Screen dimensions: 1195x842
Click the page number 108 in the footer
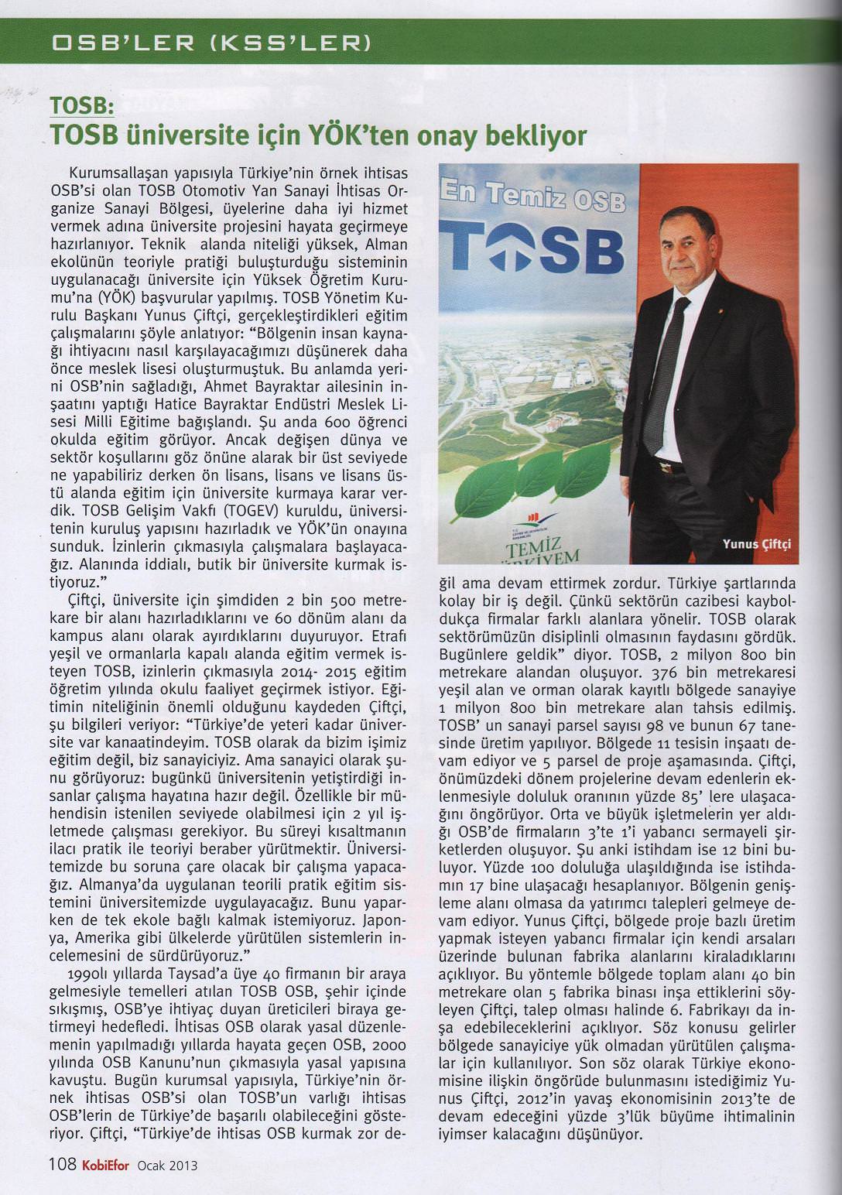(x=61, y=1165)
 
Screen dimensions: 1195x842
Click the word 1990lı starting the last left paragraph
(x=91, y=973)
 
